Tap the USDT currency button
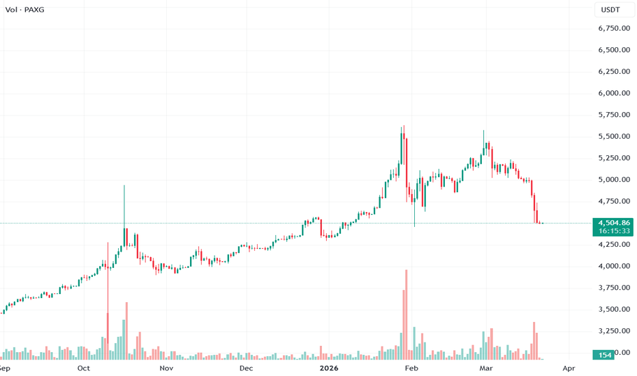pos(610,9)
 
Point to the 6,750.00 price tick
pos(613,29)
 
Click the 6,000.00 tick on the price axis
pos(613,94)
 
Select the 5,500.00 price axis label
pos(613,137)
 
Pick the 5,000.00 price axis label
pos(613,180)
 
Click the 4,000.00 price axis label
pos(613,266)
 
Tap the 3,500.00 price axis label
pos(613,309)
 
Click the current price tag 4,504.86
pos(613,222)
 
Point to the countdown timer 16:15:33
pos(613,231)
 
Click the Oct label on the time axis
pos(83,368)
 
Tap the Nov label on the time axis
pos(166,368)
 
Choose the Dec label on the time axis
pos(246,368)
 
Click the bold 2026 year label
pos(329,368)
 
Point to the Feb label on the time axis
pos(411,368)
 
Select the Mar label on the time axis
pos(485,368)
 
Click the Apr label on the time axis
pos(568,368)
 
